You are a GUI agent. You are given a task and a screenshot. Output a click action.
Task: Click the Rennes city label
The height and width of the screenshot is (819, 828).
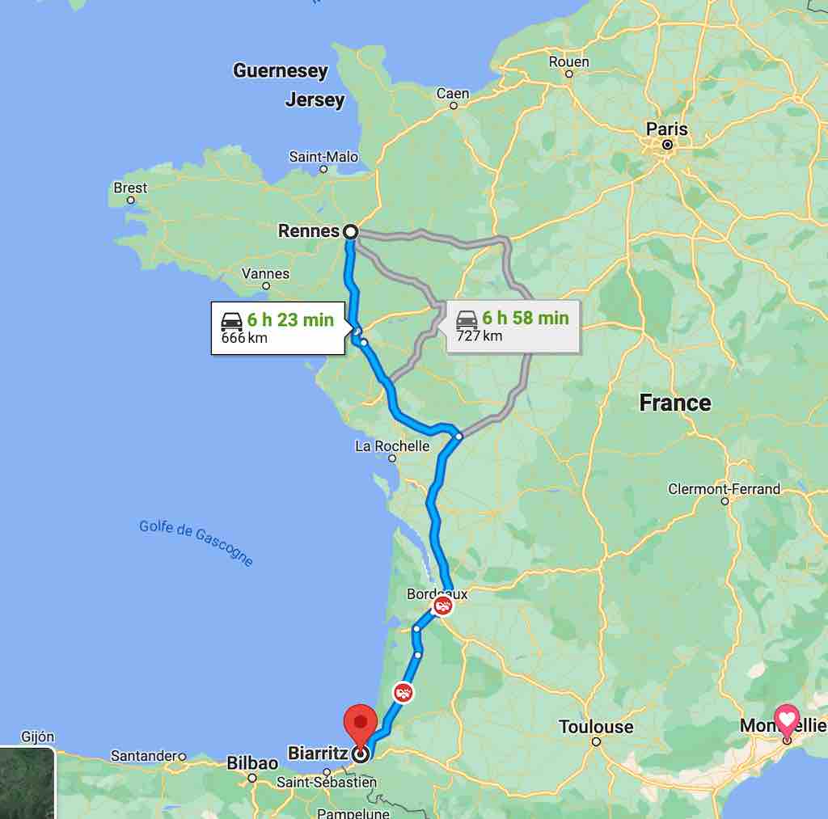pos(308,231)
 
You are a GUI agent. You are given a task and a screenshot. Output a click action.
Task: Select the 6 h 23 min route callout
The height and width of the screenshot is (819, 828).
pos(277,327)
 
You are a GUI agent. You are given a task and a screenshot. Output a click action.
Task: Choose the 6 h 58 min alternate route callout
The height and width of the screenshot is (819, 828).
pos(513,326)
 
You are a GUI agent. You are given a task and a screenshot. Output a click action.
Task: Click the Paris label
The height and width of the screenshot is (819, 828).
pos(667,129)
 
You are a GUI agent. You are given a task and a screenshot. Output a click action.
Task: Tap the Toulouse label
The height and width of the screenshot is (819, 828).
pos(596,727)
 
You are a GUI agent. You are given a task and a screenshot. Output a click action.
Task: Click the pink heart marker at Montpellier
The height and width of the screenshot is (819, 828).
pos(787,718)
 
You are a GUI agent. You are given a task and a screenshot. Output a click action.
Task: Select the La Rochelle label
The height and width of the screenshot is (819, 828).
pos(392,446)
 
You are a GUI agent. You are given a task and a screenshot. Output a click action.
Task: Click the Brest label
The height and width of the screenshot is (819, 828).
pos(130,188)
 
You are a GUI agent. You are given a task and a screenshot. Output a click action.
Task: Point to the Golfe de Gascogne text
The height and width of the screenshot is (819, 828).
pos(196,542)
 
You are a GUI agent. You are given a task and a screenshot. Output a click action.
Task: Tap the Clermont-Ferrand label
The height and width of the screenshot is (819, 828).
pos(724,489)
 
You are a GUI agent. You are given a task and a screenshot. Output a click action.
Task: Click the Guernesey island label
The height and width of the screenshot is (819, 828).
pos(281,71)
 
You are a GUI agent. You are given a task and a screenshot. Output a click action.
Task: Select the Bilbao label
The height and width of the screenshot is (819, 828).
pos(252,762)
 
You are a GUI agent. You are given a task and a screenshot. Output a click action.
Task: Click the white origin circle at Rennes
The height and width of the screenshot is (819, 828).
pos(350,232)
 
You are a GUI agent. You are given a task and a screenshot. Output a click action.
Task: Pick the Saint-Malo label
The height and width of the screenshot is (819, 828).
pos(323,157)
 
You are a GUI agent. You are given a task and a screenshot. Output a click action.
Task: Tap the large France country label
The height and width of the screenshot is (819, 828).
pos(675,403)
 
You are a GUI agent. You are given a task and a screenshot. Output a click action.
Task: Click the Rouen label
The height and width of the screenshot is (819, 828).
pos(568,62)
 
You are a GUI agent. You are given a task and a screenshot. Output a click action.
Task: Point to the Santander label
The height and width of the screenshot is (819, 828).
pos(143,757)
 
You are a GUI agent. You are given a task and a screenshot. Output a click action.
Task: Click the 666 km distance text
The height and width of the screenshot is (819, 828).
pos(244,338)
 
